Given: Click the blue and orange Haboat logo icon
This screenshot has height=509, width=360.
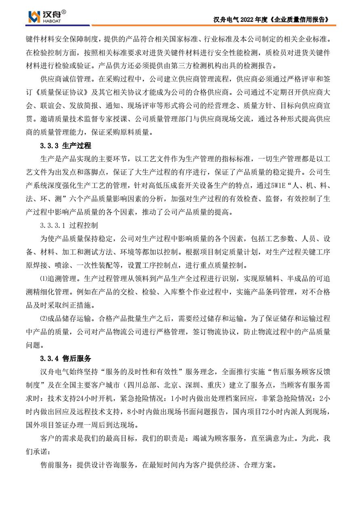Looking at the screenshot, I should [33, 17].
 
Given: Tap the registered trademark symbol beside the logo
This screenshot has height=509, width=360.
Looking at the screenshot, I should [64, 12].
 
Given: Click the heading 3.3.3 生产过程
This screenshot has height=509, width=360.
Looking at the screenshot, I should [66, 146].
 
